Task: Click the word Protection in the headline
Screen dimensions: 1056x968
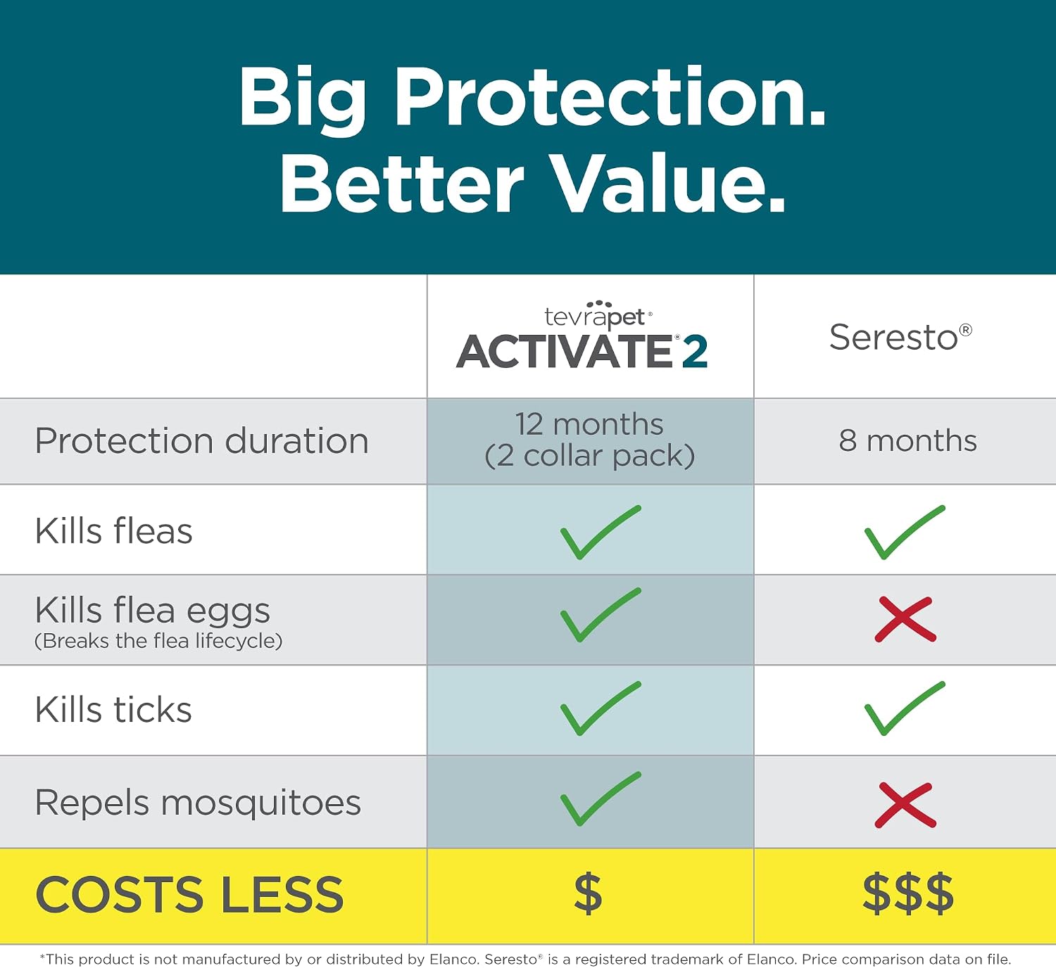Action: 610,98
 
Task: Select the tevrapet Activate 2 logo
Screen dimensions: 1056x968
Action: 582,336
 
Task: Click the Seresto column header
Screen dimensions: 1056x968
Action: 900,337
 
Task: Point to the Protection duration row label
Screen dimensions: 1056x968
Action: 201,440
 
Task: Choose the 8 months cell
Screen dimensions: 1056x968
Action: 907,440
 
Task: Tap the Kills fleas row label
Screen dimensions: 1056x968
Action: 114,530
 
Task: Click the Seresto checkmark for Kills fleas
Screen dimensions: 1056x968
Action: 905,533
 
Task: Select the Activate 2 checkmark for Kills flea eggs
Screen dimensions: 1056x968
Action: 600,615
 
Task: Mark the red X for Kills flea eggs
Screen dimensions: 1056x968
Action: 905,619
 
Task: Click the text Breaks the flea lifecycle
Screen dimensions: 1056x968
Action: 158,641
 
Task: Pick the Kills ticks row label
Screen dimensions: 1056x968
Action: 113,709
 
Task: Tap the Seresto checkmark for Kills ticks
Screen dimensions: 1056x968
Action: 905,708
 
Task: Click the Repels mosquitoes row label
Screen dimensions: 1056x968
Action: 198,803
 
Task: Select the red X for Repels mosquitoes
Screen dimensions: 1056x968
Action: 905,805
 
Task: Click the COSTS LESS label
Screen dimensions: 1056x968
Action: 189,894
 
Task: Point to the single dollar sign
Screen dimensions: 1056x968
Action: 588,893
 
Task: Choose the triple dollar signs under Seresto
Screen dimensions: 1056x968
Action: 907,893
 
